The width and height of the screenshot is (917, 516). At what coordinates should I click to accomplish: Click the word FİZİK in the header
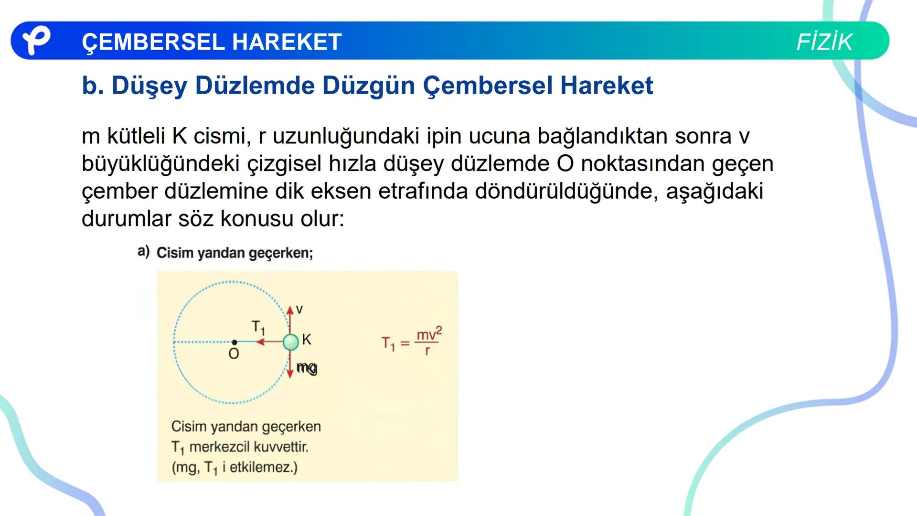tap(824, 42)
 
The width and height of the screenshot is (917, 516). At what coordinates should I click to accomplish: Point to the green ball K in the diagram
tap(290, 342)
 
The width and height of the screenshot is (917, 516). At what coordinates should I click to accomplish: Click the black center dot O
tap(235, 342)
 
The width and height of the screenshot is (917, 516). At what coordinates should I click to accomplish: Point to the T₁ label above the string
tap(258, 327)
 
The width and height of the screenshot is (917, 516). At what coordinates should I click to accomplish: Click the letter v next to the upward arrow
tap(299, 310)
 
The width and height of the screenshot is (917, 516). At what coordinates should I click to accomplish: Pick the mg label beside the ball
tap(307, 367)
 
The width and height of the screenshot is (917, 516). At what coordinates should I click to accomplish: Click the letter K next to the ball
tap(307, 340)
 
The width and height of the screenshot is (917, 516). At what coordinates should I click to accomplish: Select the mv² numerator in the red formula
tap(429, 334)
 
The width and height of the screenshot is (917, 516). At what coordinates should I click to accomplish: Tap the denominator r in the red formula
tap(427, 351)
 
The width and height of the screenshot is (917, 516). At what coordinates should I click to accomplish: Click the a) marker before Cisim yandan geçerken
tap(143, 251)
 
